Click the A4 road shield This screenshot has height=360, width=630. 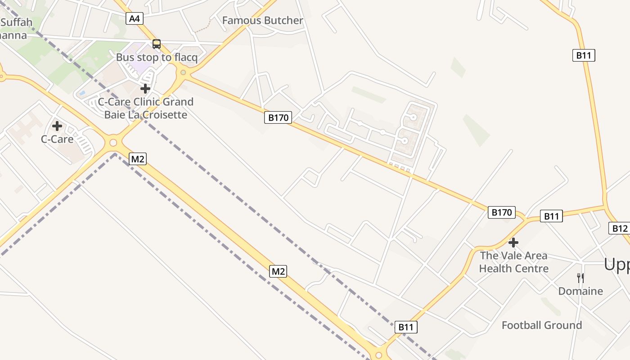[135, 18]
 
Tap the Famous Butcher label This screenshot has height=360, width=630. [263, 21]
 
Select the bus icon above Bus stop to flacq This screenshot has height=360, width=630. [157, 44]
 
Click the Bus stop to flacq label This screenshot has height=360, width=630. [157, 58]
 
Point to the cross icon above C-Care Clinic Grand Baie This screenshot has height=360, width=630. [145, 88]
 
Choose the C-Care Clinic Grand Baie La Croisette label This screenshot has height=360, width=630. [146, 108]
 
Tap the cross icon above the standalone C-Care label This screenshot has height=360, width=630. [57, 126]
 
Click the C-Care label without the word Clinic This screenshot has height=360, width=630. [57, 139]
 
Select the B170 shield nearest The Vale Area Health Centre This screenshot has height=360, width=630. [501, 212]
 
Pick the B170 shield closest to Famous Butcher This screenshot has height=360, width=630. [278, 118]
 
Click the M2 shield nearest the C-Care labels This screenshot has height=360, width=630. [138, 159]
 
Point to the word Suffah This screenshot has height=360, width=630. [16, 22]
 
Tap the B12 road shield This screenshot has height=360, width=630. [620, 228]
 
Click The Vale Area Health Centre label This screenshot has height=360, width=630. [513, 262]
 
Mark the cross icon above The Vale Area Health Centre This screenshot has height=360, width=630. [513, 243]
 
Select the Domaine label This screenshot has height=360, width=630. [580, 291]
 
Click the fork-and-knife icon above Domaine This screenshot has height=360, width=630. [580, 278]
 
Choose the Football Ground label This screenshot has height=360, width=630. [542, 325]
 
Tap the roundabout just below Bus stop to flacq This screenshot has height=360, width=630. [183, 72]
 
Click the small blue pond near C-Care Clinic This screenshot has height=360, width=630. [82, 93]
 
